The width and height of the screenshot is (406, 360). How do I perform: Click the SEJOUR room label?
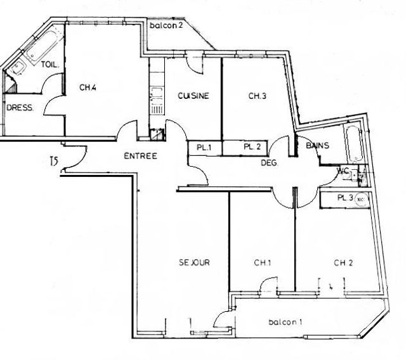coord(194,262)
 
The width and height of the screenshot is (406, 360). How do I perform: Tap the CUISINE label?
coord(193,96)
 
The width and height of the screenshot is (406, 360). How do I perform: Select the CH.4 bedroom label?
coord(88,88)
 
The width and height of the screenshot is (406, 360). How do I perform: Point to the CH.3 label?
coord(256,96)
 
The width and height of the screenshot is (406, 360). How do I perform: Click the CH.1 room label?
coord(263,262)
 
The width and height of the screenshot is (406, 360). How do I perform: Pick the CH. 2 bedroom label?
coord(344,262)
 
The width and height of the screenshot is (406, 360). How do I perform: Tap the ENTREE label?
coord(140,156)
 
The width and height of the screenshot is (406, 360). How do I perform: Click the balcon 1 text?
coord(285,322)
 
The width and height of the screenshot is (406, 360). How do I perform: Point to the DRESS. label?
coord(20,108)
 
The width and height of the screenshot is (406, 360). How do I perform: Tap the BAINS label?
coord(317,146)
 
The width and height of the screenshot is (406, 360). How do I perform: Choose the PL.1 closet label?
coord(204,147)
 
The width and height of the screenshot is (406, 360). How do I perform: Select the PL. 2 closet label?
coord(252,147)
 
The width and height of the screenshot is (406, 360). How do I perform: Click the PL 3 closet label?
coord(345,198)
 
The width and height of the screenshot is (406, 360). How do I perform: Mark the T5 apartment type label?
coord(54,163)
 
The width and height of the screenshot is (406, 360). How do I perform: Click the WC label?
coord(343,170)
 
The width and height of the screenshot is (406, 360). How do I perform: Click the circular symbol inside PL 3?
coord(360,198)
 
